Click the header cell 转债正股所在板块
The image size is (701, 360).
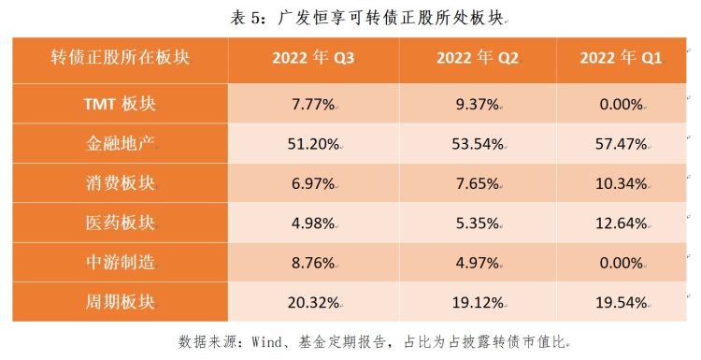tap(120, 59)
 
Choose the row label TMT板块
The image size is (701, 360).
tap(120, 104)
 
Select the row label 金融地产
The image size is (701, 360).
tap(120, 144)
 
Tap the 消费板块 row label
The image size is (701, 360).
tap(120, 183)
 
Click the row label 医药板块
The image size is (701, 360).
tap(120, 223)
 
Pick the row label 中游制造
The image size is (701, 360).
tap(120, 263)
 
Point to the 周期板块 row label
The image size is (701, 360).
tap(120, 303)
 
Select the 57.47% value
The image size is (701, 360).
tap(621, 144)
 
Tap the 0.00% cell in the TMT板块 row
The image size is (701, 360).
tap(621, 104)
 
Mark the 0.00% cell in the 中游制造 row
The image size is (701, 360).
tap(621, 263)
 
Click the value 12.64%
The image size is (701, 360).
tap(621, 223)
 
